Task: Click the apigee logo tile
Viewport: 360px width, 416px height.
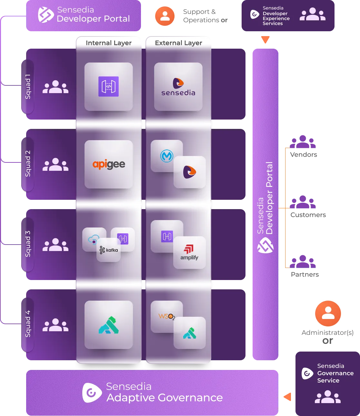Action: pos(109,164)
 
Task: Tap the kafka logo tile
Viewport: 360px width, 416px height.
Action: pos(109,250)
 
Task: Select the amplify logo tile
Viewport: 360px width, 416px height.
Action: pos(189,253)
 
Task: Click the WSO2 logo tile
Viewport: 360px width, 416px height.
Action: pos(166,316)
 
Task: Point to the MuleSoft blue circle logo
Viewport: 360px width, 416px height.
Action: pos(167,156)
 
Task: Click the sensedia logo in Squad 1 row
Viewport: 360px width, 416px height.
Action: pos(178,87)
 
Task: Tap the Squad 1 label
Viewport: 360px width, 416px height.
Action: pos(28,87)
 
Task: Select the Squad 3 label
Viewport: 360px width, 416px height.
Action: pos(28,244)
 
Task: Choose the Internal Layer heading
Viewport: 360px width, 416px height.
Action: pos(109,43)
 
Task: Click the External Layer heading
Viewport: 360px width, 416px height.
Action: pos(178,43)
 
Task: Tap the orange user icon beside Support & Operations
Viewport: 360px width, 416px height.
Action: pos(165,16)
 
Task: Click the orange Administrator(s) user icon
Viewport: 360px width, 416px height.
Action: pos(328,314)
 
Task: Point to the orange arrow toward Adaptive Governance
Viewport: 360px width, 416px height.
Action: pos(287,397)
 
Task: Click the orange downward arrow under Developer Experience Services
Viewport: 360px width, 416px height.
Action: pos(265,40)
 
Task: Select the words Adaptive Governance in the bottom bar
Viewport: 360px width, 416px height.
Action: pos(165,398)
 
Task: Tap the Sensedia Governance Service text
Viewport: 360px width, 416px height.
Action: pos(335,373)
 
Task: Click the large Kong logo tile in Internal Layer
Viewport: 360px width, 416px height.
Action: pos(109,325)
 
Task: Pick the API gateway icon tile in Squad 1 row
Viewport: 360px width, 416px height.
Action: pos(109,87)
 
